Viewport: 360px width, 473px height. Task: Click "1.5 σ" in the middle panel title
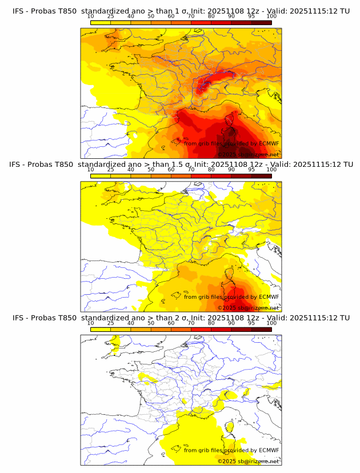pos(183,164)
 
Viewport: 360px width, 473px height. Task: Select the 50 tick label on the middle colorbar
pos(151,170)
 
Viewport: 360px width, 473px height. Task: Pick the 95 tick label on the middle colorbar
pos(251,170)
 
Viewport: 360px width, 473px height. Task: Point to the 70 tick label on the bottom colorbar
pos(191,323)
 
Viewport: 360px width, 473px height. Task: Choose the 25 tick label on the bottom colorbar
pos(110,323)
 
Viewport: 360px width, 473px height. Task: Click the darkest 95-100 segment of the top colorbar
pos(261,22)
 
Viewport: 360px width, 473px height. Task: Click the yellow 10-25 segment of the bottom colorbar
pos(101,329)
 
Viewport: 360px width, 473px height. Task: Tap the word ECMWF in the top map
pos(269,143)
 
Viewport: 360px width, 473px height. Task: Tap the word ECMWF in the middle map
pos(269,296)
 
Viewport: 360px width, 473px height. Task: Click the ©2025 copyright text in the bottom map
pos(226,461)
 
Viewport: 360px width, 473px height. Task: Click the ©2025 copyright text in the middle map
pos(226,308)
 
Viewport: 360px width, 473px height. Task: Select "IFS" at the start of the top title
pos(18,11)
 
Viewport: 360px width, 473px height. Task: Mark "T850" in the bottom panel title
pos(66,318)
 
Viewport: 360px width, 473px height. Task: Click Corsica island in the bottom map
pos(231,426)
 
